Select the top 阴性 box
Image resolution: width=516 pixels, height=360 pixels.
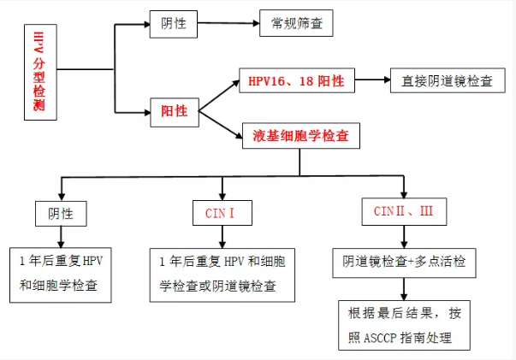click(x=175, y=24)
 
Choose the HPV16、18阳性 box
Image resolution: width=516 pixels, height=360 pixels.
click(x=296, y=82)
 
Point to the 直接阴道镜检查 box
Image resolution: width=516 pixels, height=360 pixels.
click(x=448, y=82)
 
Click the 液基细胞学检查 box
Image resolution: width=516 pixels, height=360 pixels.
click(x=300, y=136)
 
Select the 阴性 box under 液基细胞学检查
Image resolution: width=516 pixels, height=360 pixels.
click(x=61, y=212)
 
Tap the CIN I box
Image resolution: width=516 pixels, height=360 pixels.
click(x=222, y=212)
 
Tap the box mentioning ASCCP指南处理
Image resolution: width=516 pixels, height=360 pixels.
click(x=405, y=326)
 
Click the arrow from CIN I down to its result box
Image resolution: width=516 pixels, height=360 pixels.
click(x=222, y=237)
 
